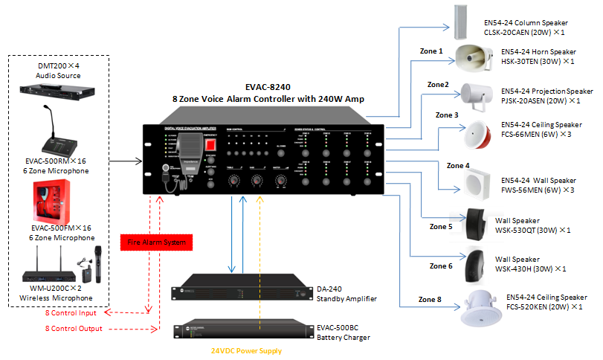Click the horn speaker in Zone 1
pyautogui.click(x=474, y=56)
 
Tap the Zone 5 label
pyautogui.click(x=440, y=226)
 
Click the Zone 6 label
pyautogui.click(x=440, y=266)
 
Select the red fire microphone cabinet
pyautogui.click(x=57, y=202)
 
